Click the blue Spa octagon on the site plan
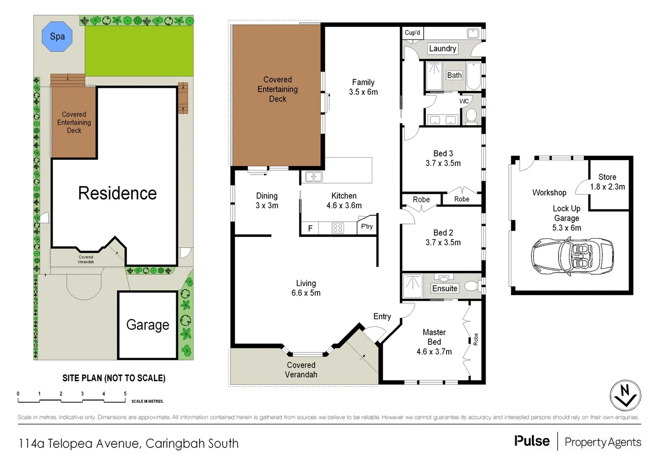[57, 37]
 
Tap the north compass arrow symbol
[625, 396]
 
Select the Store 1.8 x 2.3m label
[607, 182]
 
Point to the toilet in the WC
[471, 115]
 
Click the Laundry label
[442, 48]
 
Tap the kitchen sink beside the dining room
[314, 177]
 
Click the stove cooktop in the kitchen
[338, 228]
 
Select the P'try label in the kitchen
[367, 226]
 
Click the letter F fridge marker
[310, 229]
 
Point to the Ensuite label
[444, 288]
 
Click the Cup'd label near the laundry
[412, 32]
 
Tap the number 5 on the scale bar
[125, 394]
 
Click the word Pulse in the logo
[532, 441]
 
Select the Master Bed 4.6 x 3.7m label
[434, 342]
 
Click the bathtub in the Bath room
[473, 76]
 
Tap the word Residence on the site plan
[117, 193]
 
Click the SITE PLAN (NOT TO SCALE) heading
[114, 378]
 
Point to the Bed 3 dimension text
[443, 163]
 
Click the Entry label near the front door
[382, 316]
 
